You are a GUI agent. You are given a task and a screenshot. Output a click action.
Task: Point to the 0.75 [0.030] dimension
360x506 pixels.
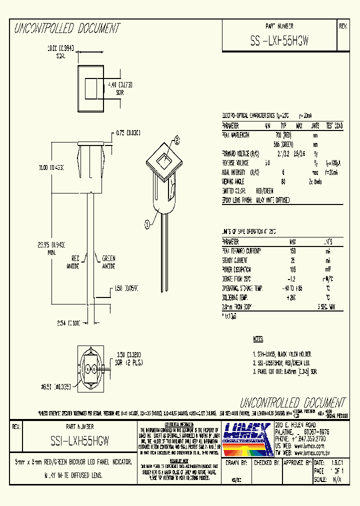pos(128,133)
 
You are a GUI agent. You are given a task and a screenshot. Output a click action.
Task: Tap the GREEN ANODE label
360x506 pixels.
pos(108,262)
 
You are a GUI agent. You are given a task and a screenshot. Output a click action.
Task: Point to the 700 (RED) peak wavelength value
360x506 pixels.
pos(283,135)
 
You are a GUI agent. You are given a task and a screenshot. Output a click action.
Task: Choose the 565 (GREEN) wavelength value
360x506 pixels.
pos(283,144)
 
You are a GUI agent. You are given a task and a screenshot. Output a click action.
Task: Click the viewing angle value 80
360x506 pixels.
pos(283,181)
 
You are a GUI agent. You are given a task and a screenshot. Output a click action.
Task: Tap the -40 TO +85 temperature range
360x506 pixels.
pos(292,288)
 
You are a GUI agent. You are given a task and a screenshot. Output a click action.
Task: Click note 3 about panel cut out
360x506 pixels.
pos(285,372)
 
